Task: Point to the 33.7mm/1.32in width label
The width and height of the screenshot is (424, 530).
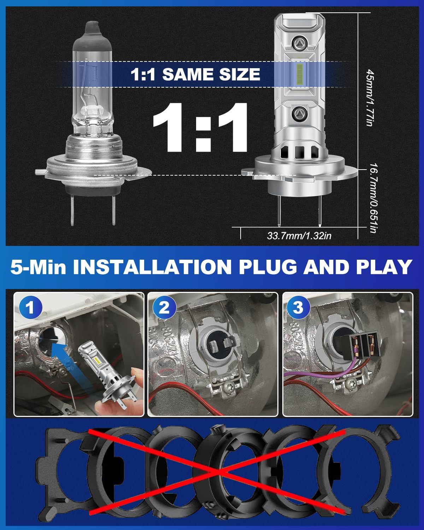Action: coord(299,236)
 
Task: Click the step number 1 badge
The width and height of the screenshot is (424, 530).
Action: coord(30,307)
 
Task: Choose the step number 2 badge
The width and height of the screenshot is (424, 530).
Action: coord(164,307)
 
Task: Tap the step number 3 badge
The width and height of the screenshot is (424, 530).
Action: coord(298,307)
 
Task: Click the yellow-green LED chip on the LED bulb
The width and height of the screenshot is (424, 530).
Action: coord(299,74)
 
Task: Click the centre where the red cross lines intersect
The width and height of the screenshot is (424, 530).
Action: coord(216,472)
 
